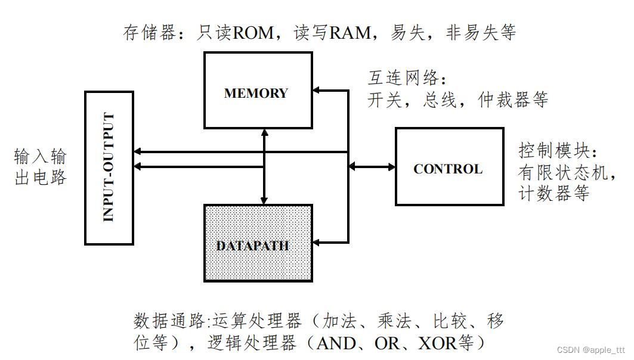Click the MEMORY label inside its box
256,94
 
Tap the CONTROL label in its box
447,169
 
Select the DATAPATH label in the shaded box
253,246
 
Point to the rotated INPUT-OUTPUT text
109,167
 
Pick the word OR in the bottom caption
388,344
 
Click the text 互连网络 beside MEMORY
406,78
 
